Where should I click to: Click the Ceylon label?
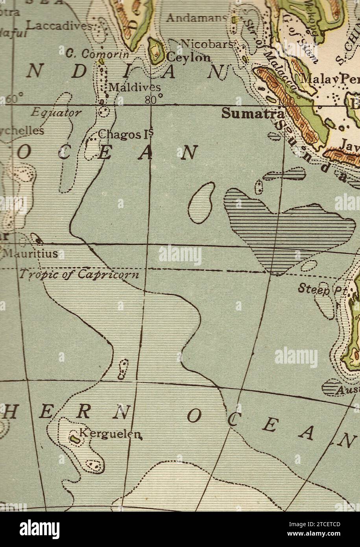pyautogui.click(x=188, y=57)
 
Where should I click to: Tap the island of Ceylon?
pyautogui.click(x=157, y=51)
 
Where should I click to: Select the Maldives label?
pyautogui.click(x=134, y=87)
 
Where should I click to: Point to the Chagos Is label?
pyautogui.click(x=125, y=134)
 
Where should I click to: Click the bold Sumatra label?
pyautogui.click(x=252, y=113)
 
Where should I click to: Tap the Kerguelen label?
pyautogui.click(x=110, y=433)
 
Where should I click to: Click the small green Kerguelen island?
pyautogui.click(x=74, y=437)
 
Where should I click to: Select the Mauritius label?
pyautogui.click(x=30, y=254)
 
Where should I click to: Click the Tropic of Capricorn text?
pyautogui.click(x=79, y=274)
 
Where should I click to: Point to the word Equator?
pyautogui.click(x=56, y=113)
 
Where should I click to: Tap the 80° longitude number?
pyautogui.click(x=153, y=100)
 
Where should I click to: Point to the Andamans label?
pyautogui.click(x=197, y=18)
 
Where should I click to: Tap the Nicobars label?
pyautogui.click(x=207, y=44)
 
